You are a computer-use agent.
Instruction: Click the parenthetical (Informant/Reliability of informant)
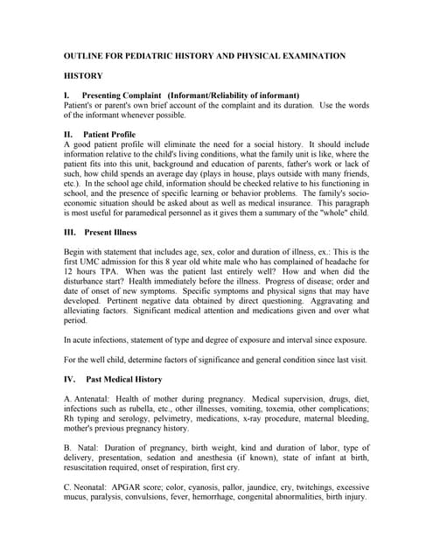239,94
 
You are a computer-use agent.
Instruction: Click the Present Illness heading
111,233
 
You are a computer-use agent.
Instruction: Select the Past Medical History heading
123,380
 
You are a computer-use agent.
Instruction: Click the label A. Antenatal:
87,399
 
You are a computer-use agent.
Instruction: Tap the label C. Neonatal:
88,488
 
